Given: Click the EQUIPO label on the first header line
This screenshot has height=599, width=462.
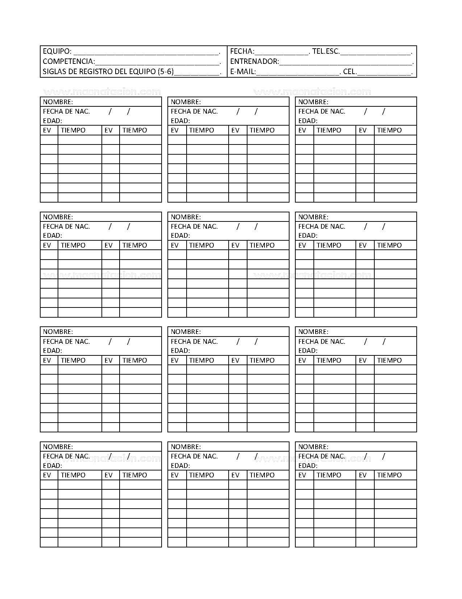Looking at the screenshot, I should (x=57, y=51).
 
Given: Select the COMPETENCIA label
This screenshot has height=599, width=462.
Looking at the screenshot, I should (x=68, y=61).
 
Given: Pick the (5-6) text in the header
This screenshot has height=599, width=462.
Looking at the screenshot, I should (x=166, y=72).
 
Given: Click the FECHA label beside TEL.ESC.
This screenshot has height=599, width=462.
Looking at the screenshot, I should (x=242, y=51).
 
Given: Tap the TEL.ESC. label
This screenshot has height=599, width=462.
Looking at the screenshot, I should (x=326, y=51).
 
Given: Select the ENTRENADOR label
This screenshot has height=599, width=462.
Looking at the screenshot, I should (x=254, y=61).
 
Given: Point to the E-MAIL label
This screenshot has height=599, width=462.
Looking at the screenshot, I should (x=243, y=72).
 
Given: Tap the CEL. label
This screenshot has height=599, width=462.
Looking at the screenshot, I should (x=350, y=72).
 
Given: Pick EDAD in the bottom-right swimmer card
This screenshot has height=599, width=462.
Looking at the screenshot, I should (x=308, y=466).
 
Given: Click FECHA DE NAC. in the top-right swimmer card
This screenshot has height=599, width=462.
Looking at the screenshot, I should (x=322, y=111).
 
